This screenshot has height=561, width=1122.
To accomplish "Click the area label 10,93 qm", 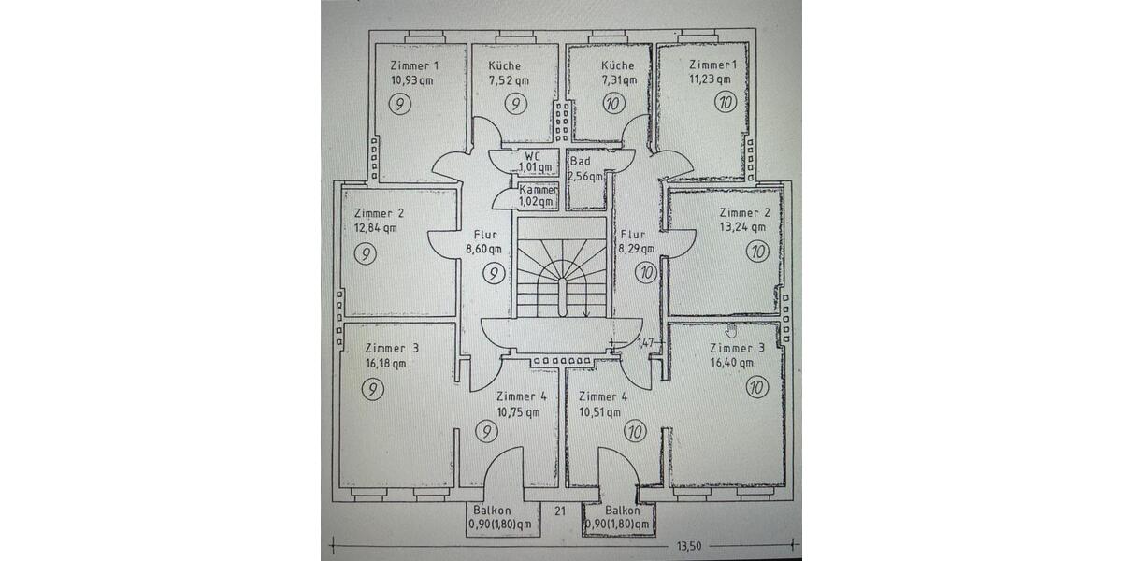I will pyautogui.click(x=412, y=80).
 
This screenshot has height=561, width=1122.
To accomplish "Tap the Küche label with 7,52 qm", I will pyautogui.click(x=504, y=65).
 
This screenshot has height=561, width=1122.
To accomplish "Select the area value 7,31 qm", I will pyautogui.click(x=617, y=80).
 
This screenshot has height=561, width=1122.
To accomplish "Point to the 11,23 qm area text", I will pyautogui.click(x=712, y=80).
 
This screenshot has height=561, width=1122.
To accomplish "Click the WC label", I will pyautogui.click(x=532, y=155).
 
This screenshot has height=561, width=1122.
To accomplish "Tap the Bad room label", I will pyautogui.click(x=580, y=161).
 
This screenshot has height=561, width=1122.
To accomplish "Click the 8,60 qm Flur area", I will pyautogui.click(x=483, y=249).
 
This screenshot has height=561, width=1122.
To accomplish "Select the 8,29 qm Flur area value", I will pyautogui.click(x=633, y=249).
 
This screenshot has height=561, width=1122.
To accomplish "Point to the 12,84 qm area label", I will pyautogui.click(x=376, y=227).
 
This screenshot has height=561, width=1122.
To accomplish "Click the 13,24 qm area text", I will pyautogui.click(x=744, y=226).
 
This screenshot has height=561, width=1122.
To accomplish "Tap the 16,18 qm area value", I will pyautogui.click(x=386, y=364).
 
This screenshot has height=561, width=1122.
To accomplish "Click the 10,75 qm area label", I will pyautogui.click(x=519, y=411).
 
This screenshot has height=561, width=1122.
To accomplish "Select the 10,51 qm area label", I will pyautogui.click(x=599, y=411).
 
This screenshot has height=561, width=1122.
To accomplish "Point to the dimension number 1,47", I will pyautogui.click(x=646, y=343).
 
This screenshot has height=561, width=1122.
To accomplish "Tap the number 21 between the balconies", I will pyautogui.click(x=560, y=511).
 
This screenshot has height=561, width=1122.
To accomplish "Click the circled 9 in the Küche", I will pyautogui.click(x=515, y=104).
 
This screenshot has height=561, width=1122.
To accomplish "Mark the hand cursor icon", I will pyautogui.click(x=731, y=329).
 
